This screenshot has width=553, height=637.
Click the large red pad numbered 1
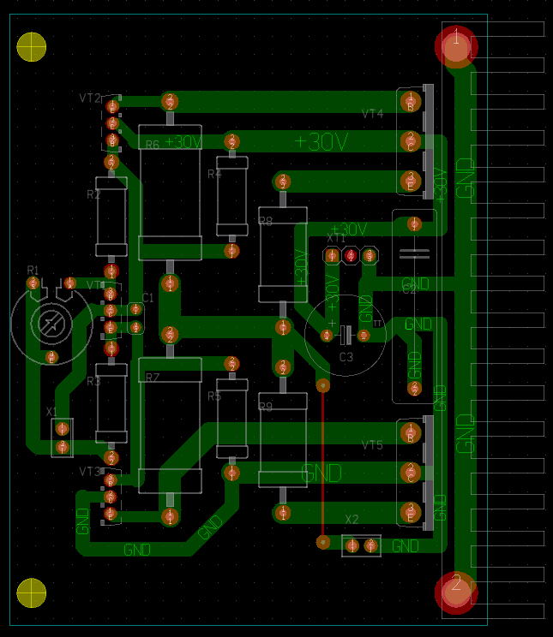pyautogui.click(x=456, y=46)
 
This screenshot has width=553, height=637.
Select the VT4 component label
pyautogui.click(x=373, y=114)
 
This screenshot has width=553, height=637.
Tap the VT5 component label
pyautogui.click(x=373, y=445)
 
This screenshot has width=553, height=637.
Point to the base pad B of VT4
pyautogui.click(x=411, y=100)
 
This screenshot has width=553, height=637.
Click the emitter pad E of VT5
pyautogui.click(x=411, y=512)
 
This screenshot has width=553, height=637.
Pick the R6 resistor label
pyautogui.click(x=153, y=145)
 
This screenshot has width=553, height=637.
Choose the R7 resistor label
pyautogui.click(x=153, y=378)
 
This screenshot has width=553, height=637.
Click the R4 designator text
pyautogui.click(x=214, y=174)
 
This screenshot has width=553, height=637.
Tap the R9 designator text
pyautogui.click(x=266, y=408)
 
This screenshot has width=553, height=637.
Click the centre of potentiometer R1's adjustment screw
pyautogui.click(x=51, y=323)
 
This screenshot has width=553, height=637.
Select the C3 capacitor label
pyautogui.click(x=346, y=357)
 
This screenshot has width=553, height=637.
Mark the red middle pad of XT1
pyautogui.click(x=350, y=255)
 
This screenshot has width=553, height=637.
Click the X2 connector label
pyautogui.click(x=352, y=520)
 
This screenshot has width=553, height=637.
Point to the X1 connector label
pyautogui.click(x=52, y=412)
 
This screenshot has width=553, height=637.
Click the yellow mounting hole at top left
pyautogui.click(x=32, y=46)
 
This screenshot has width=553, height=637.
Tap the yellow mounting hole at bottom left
pyautogui.click(x=32, y=592)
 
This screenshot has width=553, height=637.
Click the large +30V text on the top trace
pyautogui.click(x=321, y=142)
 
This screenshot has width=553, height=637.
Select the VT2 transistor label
pyautogui.click(x=90, y=98)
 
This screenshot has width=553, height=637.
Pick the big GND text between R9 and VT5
pyautogui.click(x=322, y=473)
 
